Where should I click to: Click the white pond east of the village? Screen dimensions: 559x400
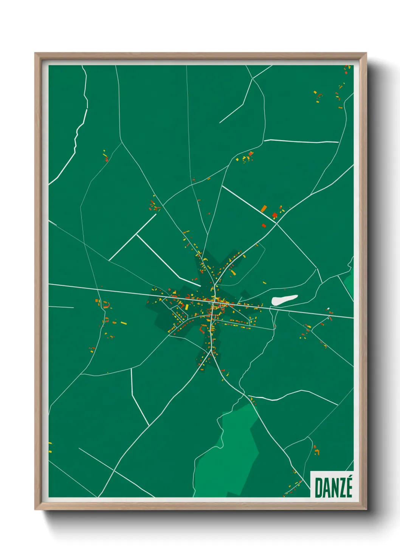(x=284, y=300)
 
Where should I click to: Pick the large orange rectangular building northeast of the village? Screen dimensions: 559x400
(x=264, y=208)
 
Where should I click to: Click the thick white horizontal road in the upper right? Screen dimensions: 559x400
(x=301, y=142)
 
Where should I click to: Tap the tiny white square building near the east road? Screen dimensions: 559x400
(x=328, y=309)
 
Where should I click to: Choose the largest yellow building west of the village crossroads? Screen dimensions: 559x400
(x=123, y=323)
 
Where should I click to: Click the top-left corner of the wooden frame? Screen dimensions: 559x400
(x=35, y=54)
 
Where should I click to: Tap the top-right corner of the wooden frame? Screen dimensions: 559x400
(x=366, y=54)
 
